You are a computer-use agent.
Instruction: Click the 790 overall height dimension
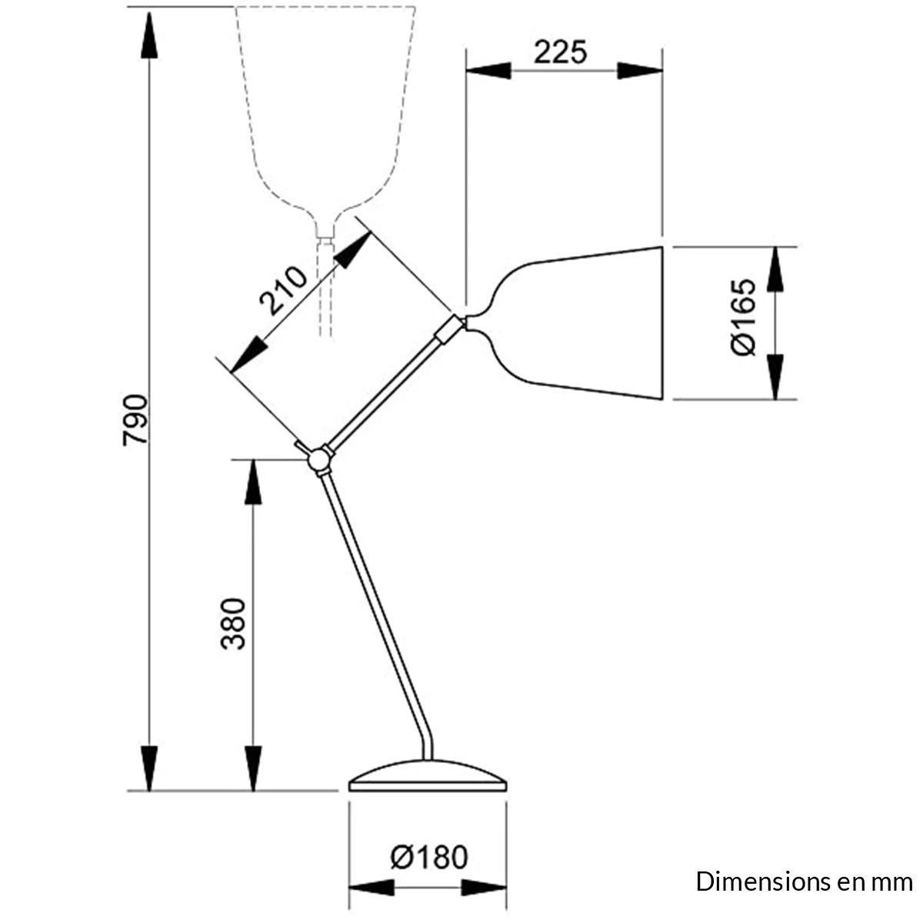pos(136,422)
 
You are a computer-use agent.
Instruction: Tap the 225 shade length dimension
pos(561,52)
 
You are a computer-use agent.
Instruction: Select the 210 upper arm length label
pos(282,292)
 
